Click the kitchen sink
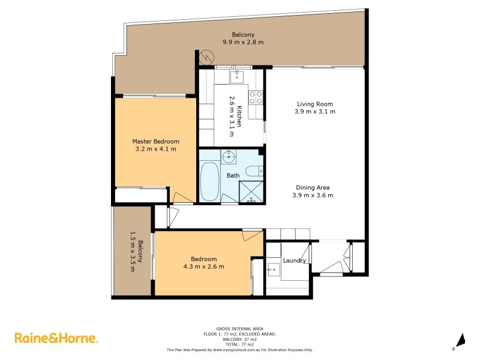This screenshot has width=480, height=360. pos(238,76)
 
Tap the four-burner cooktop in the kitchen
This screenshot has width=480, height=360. pos(257,97)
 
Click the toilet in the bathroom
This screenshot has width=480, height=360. pos(254,170)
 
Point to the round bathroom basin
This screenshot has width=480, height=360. pos(228,158)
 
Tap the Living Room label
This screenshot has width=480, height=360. pos(314,104)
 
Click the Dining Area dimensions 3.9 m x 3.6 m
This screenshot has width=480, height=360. pos(312,195)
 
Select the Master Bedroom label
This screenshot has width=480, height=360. pos(155,142)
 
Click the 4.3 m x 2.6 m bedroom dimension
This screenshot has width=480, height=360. pos(204,267)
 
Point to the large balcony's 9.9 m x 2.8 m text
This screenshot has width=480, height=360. pos(243,42)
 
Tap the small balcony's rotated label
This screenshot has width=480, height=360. pos(136,252)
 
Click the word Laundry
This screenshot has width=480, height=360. pos(295,260)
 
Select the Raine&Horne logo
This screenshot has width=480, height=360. pos(56,338)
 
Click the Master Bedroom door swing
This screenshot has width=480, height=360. pos(180,197)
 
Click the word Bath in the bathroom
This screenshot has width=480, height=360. pos(233,176)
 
